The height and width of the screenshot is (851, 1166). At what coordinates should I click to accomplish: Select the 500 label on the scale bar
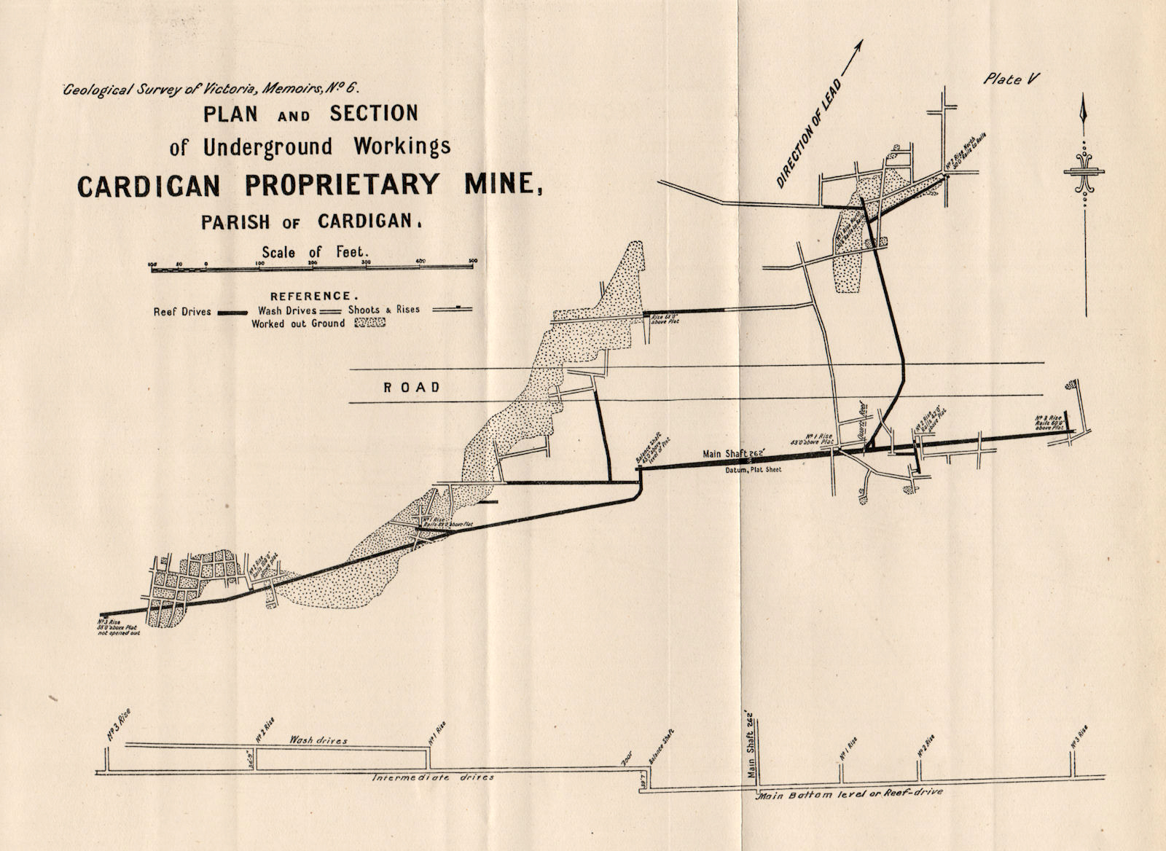472,262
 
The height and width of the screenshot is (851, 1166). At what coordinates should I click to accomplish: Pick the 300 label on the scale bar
366,262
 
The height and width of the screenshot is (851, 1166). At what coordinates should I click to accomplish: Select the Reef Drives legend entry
182,311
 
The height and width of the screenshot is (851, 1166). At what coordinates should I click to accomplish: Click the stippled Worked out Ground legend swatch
369,323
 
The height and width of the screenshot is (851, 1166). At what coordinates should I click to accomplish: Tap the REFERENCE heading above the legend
314,296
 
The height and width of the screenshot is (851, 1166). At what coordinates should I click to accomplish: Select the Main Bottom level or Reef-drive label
850,792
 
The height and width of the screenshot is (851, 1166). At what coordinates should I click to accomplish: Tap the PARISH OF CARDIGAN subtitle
311,221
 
